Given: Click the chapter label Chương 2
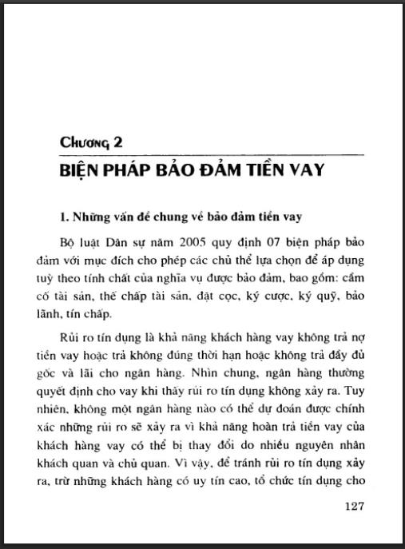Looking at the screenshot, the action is click(x=91, y=143).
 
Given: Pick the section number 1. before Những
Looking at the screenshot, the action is click(x=66, y=217).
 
